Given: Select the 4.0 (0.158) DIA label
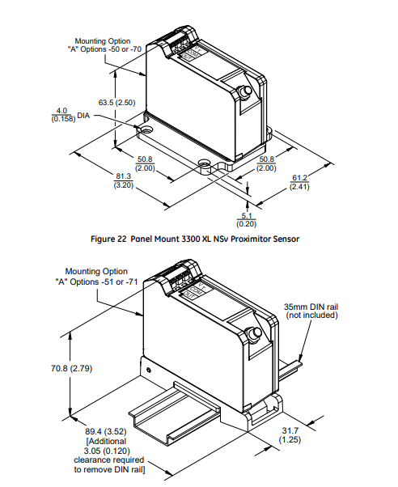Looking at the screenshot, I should click(x=63, y=115).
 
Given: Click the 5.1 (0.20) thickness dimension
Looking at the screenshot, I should click(x=248, y=220).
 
